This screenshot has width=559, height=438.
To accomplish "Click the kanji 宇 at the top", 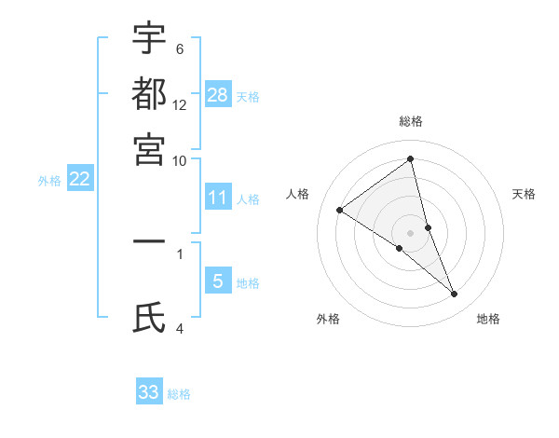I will (149, 39).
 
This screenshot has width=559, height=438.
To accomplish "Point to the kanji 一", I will (149, 240).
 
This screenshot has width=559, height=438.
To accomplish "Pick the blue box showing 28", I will (218, 94).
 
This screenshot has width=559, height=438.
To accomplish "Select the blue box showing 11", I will (218, 197).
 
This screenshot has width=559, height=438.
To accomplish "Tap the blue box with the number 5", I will (218, 281).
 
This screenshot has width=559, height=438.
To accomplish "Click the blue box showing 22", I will (79, 179).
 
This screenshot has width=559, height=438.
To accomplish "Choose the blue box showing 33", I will (149, 392).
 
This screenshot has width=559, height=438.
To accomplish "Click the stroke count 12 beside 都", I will (180, 105).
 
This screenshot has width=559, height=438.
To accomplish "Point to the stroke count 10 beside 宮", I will (180, 159).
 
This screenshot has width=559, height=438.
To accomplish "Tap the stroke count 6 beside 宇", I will (179, 49).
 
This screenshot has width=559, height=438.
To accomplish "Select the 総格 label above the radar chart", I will (411, 121).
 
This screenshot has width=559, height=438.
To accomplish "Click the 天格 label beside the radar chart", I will (524, 194).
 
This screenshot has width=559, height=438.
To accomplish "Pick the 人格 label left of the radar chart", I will (298, 194).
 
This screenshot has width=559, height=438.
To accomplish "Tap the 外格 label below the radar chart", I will (328, 319).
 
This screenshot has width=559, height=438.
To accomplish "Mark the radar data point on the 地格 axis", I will (455, 294).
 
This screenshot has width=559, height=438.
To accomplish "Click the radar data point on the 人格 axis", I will (340, 210).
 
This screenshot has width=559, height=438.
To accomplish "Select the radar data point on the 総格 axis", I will (411, 159).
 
